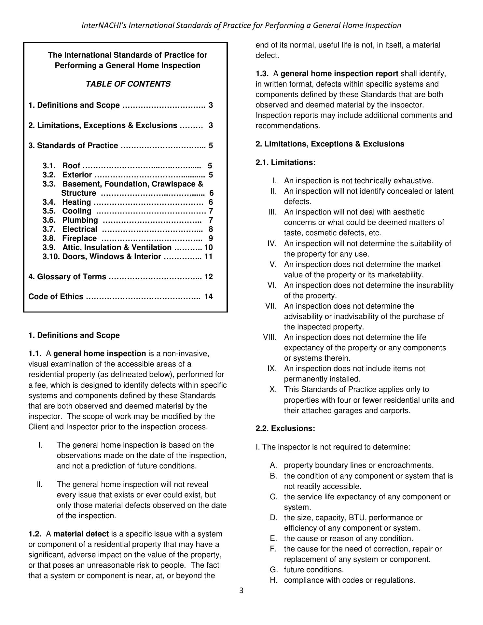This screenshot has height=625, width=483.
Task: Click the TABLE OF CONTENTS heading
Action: pos(128,84)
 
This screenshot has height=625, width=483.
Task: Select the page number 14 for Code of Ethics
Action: pos(209,296)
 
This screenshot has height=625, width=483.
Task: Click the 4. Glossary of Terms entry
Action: pos(67,277)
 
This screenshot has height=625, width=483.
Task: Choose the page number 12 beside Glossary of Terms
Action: pos(209,277)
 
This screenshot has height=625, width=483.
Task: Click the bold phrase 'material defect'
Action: pos(81,534)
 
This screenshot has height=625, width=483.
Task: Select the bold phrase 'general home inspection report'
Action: pos(339,74)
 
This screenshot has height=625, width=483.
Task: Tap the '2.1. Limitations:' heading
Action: pos(285,162)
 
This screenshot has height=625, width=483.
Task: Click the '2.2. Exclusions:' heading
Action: pos(285,428)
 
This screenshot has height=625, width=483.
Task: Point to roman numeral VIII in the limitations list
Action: pos(270,337)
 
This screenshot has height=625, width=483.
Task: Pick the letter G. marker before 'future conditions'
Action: pos(274,570)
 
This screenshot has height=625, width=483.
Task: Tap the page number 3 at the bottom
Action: pos(241,590)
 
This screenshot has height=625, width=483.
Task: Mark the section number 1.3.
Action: pos(262,74)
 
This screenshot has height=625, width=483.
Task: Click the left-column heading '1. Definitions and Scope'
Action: pos(74,335)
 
